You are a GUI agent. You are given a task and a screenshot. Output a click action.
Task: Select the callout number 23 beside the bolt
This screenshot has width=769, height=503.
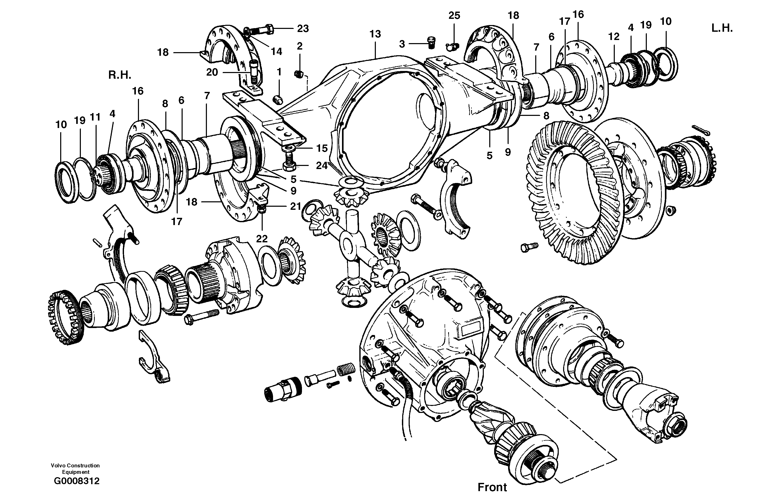click(303, 29)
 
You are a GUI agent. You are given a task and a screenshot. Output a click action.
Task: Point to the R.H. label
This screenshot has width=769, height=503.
click(120, 75)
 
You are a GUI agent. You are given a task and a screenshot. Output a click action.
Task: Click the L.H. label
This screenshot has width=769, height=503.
click(722, 28)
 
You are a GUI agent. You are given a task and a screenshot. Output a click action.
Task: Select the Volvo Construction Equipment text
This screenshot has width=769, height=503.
click(75, 469)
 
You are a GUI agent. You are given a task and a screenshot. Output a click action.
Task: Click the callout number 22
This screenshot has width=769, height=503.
click(262, 239)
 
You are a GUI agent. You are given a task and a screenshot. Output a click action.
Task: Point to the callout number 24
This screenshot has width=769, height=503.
click(322, 166)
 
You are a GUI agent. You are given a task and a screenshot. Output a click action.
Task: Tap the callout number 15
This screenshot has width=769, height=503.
click(322, 148)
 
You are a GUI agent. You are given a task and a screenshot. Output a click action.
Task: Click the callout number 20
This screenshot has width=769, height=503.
click(212, 72)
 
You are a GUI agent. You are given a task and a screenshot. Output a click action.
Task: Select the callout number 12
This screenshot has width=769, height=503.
click(613, 37)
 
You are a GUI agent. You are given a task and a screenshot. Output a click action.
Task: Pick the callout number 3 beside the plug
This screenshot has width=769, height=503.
click(402, 44)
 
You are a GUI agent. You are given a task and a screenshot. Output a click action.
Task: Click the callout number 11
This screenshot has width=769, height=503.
click(95, 117)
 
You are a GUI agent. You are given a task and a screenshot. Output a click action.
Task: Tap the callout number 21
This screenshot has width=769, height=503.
click(295, 206)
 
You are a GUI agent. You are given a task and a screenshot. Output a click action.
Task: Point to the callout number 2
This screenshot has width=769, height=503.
click(300, 46)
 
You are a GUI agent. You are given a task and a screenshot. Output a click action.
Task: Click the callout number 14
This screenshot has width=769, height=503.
click(276, 51)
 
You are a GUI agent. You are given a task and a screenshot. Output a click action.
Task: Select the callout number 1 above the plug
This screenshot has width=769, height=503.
click(279, 72)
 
